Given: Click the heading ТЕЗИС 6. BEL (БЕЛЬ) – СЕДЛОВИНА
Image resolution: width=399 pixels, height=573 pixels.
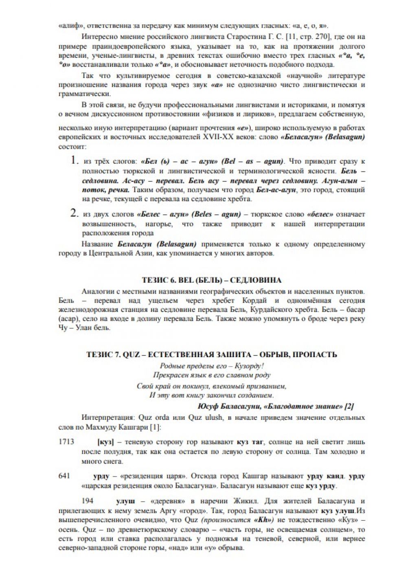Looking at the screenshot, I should [211, 280].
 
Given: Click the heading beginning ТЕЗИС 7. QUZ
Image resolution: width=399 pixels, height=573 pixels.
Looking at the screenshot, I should [211, 354].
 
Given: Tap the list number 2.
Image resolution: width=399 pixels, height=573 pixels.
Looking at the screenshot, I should [74, 213].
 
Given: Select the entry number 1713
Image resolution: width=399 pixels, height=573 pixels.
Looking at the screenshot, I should [66, 441].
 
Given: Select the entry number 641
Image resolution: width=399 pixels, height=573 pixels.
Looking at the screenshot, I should [64, 476].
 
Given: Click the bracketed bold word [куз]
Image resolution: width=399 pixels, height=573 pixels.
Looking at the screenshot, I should [105, 442].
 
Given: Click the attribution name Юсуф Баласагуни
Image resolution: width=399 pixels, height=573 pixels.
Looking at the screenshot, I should [229, 406].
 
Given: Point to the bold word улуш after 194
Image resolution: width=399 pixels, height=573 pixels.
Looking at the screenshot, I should [125, 501].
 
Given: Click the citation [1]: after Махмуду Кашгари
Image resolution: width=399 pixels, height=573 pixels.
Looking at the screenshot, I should [155, 427].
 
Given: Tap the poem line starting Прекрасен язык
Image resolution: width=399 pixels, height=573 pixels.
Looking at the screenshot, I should [211, 375].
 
